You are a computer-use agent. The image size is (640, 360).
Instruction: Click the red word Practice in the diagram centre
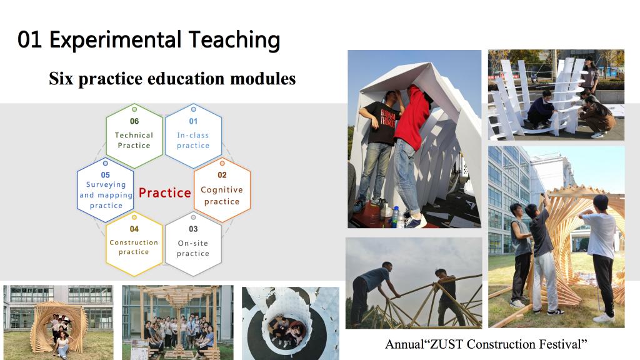165,192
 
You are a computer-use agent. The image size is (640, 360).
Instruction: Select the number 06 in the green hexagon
134,121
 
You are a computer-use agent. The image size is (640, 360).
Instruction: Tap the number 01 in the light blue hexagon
193,121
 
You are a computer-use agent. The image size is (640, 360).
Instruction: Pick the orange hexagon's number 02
222,175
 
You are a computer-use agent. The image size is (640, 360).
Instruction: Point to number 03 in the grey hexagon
193,229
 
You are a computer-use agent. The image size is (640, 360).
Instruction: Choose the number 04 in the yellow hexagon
134,229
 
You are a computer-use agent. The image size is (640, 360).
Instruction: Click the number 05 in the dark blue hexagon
105,175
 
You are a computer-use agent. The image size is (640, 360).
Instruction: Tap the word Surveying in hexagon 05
106,185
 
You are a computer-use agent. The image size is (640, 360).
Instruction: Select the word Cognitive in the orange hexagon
222,190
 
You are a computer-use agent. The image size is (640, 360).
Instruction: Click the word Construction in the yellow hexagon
134,242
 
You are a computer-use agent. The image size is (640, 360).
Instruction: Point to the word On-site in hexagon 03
193,243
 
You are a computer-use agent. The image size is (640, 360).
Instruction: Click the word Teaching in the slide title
234,41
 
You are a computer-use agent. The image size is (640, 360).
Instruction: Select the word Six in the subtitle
61,78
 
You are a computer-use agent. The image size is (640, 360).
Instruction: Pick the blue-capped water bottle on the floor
395,217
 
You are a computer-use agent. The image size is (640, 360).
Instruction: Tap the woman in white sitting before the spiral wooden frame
62,345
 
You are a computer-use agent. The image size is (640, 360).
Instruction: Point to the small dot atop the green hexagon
134,109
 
